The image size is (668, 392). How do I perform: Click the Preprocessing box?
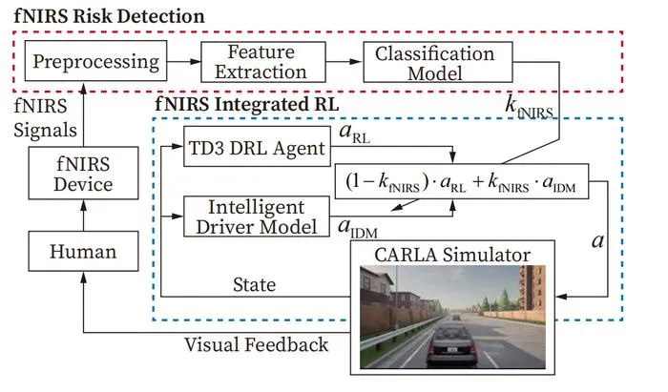[95, 61]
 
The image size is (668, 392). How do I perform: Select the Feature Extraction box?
[263, 62]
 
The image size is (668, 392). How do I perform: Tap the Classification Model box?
[438, 62]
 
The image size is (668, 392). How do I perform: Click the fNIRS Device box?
[84, 173]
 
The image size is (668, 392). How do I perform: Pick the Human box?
[84, 251]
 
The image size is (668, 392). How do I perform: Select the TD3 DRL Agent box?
[257, 147]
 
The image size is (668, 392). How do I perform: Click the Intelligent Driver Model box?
[257, 217]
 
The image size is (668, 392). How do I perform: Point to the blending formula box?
[462, 181]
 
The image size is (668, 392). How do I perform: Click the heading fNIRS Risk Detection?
[109, 16]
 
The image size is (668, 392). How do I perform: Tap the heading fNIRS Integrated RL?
[246, 104]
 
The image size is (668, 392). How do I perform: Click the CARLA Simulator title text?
[452, 255]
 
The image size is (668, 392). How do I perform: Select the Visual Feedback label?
[257, 344]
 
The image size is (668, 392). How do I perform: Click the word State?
[255, 284]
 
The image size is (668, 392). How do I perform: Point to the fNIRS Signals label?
[45, 118]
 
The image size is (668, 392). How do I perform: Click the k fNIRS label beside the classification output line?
[529, 107]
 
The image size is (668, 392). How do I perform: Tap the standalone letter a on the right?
[597, 241]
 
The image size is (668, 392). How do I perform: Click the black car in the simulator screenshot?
[451, 344]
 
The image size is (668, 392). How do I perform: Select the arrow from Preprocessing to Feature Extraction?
[184, 62]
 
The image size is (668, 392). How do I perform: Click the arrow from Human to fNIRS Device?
[84, 216]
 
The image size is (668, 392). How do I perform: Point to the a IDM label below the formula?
[358, 228]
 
